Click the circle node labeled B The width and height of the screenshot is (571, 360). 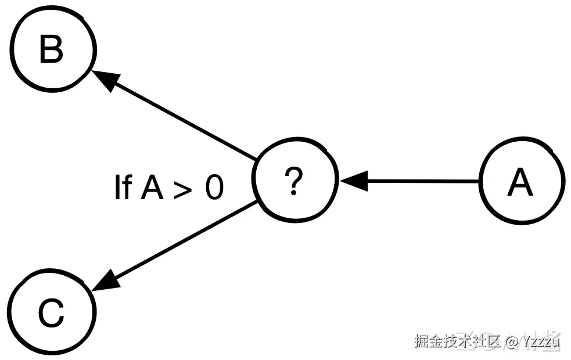tap(52, 51)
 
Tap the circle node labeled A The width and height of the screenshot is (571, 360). tap(521, 182)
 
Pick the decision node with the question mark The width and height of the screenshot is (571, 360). tap(296, 182)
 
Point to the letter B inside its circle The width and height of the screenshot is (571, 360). tap(51, 51)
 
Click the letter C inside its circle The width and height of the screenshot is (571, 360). tap(51, 315)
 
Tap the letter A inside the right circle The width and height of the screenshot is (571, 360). tap(520, 183)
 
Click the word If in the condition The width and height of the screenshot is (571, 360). tap(123, 188)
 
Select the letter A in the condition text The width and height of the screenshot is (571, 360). tap(153, 188)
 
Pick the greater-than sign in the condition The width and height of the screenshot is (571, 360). tap(182, 189)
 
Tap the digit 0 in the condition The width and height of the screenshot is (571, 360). tap(213, 188)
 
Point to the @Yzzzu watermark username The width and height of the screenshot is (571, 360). tap(533, 341)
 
